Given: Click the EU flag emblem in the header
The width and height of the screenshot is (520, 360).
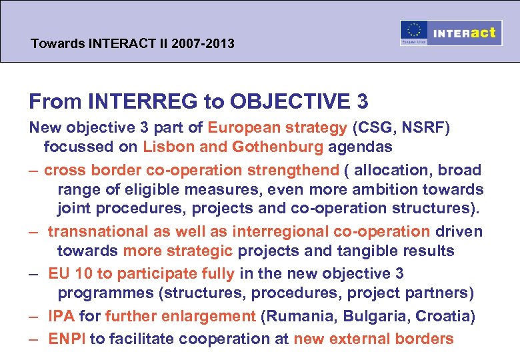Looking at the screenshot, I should point(414,33).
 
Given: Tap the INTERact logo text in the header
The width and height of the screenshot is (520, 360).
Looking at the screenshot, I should point(464,33).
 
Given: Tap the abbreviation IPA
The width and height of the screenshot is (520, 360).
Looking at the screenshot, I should point(61,316).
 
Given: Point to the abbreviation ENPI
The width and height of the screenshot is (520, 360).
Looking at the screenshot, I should point(67,338).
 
